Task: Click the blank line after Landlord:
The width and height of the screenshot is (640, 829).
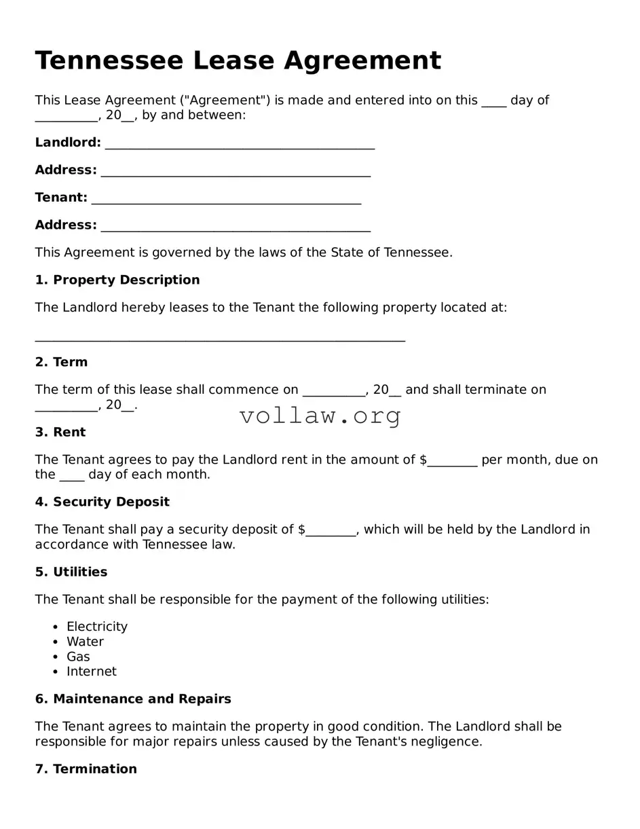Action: [x=240, y=144]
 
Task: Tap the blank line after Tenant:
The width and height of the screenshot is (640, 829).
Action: [x=226, y=199]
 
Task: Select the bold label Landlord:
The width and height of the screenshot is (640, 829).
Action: [x=68, y=143]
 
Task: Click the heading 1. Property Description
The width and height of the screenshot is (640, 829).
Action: [x=117, y=280]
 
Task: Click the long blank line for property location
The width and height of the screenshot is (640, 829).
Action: [x=220, y=338]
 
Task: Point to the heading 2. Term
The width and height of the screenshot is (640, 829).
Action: [x=61, y=362]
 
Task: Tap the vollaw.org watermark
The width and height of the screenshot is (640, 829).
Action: [x=320, y=416]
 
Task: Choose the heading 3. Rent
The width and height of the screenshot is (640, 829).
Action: [x=60, y=432]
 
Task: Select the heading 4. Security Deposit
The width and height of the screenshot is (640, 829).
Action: [x=102, y=502]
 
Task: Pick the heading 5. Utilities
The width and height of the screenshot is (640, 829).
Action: [x=71, y=572]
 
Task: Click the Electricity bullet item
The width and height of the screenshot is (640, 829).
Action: [x=97, y=627]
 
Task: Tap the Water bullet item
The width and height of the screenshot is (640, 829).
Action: [x=85, y=642]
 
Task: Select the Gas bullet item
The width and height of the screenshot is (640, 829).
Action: [x=78, y=657]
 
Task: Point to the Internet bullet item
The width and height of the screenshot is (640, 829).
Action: [x=92, y=671]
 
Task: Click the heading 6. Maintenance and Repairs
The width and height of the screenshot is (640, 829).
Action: [x=133, y=699]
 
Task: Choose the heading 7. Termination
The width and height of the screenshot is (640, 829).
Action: [x=86, y=769]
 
